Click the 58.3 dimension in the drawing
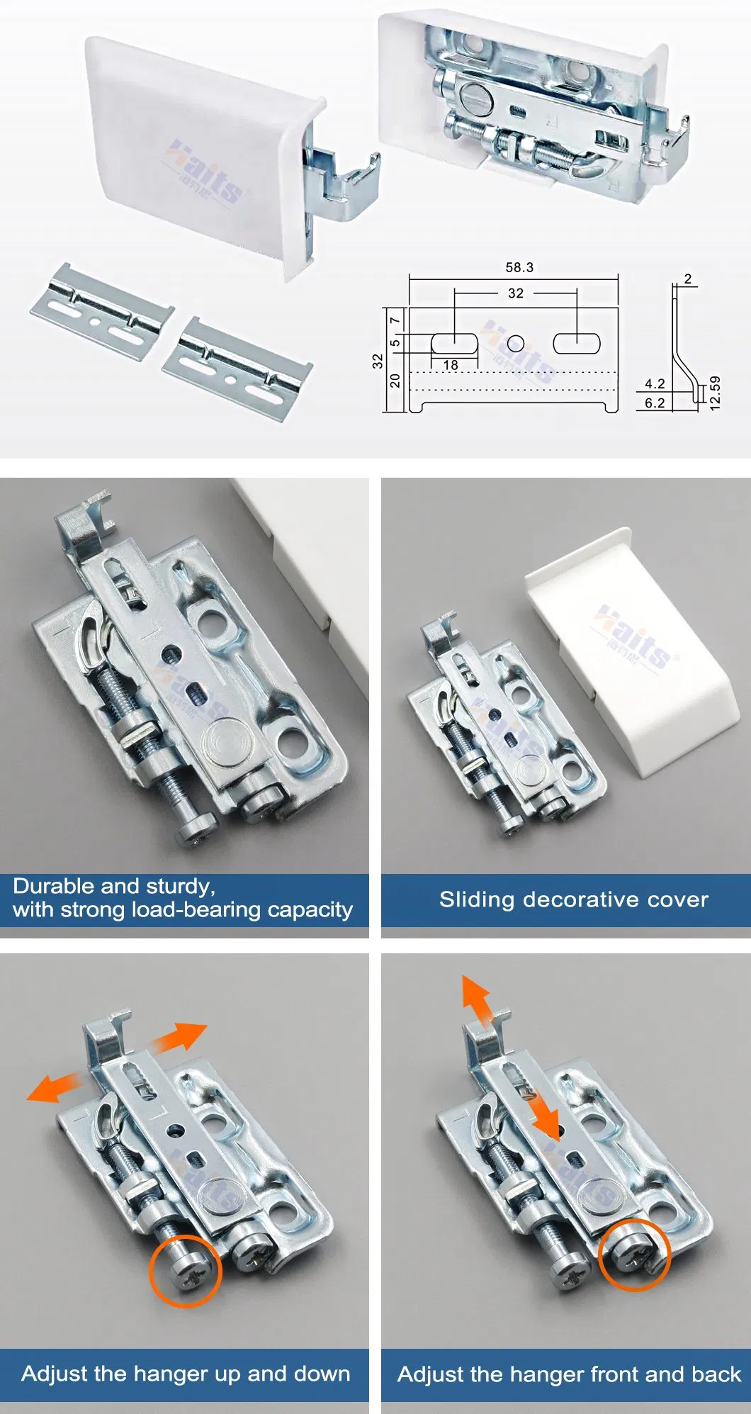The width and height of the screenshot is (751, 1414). pyautogui.click(x=519, y=267)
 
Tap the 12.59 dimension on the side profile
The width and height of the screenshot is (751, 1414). pyautogui.click(x=714, y=393)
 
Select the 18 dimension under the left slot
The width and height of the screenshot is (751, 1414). pyautogui.click(x=451, y=365)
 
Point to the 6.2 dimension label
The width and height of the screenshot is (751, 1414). pyautogui.click(x=654, y=403)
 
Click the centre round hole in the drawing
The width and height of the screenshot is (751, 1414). pyautogui.click(x=516, y=344)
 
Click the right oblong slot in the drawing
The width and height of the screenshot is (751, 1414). pyautogui.click(x=576, y=344)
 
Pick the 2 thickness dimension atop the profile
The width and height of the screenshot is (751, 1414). pyautogui.click(x=687, y=279)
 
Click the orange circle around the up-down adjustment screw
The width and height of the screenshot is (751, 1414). pyautogui.click(x=186, y=1271)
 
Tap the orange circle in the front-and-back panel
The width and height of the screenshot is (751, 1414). pyautogui.click(x=634, y=1255)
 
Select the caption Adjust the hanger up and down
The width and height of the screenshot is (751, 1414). pyautogui.click(x=186, y=1374)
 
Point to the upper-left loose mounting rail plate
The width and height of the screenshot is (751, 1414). pyautogui.click(x=101, y=312)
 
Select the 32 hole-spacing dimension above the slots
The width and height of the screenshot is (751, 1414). pyautogui.click(x=516, y=293)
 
